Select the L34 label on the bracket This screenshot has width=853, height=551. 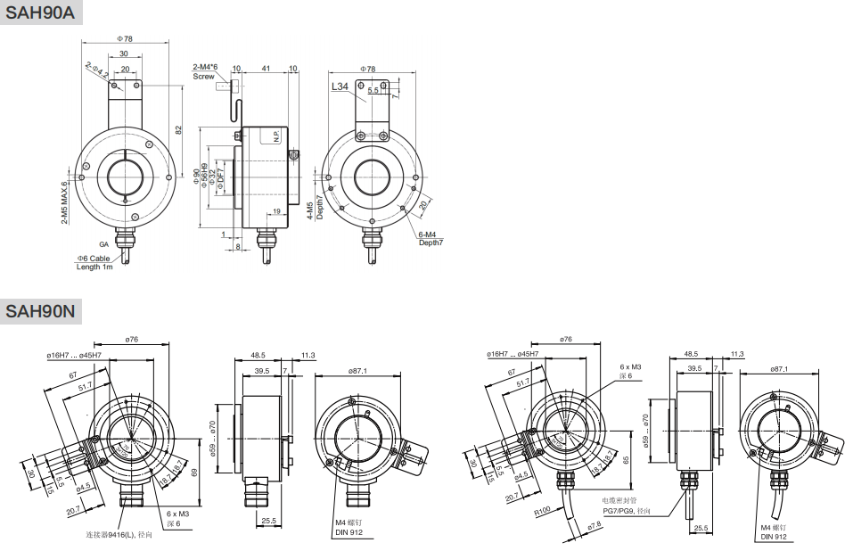point(340,87)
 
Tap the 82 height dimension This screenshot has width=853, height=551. point(178,130)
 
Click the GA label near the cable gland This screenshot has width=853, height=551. point(103,243)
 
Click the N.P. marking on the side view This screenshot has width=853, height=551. point(276,136)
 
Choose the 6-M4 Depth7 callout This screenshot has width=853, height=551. point(431,238)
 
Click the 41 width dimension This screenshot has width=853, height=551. point(266,68)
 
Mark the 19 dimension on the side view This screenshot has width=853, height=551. point(277,211)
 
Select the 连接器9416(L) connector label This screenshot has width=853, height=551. point(113,534)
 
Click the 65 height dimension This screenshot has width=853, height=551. point(627,461)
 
